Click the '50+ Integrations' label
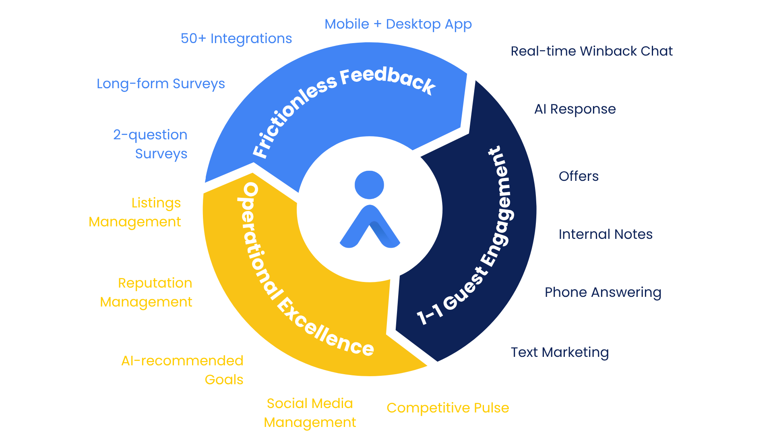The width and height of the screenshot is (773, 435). (x=236, y=39)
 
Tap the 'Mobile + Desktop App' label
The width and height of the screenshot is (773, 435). (x=398, y=25)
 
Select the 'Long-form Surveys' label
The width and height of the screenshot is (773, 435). (x=161, y=84)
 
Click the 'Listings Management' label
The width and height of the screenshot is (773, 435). (x=135, y=212)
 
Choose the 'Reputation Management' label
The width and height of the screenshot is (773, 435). (x=146, y=292)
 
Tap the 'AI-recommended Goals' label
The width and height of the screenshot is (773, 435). (x=182, y=370)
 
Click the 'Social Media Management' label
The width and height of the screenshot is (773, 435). (x=310, y=413)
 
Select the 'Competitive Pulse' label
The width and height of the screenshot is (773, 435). (x=448, y=408)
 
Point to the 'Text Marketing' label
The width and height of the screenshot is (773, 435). (x=560, y=352)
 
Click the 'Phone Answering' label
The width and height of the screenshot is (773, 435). (x=603, y=292)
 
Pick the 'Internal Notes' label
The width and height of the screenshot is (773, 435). (x=606, y=234)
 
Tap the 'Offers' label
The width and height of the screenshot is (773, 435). (x=579, y=176)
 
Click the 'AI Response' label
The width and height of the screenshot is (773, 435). (x=575, y=109)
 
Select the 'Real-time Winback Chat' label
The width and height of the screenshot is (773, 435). (x=591, y=51)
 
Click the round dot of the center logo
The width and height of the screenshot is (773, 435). (x=369, y=185)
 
